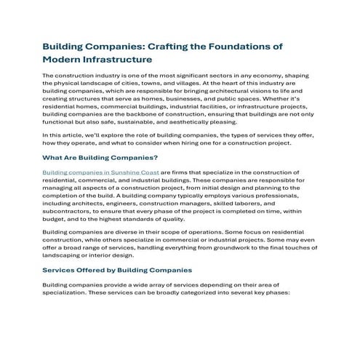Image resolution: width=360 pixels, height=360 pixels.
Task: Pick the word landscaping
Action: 65,255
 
